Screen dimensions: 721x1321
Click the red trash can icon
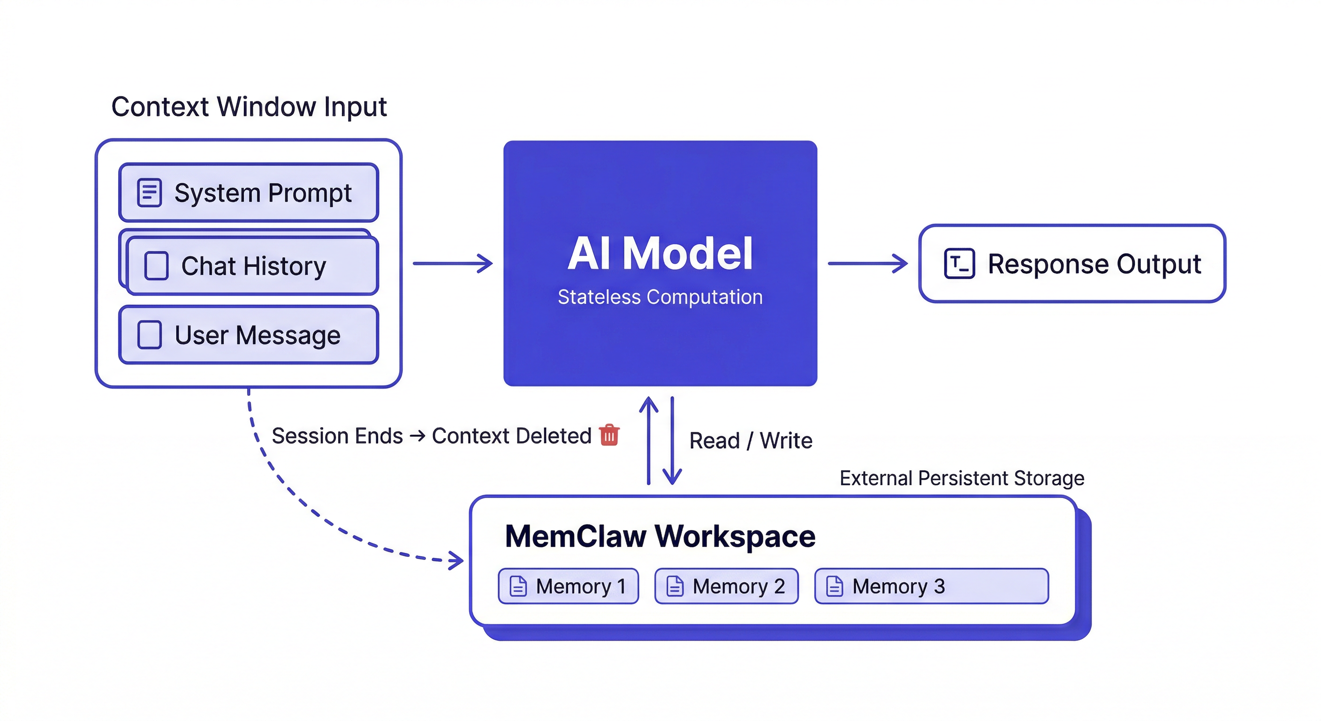609,435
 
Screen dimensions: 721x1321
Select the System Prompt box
249,192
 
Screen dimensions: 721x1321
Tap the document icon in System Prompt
149,192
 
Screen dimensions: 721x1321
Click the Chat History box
252,266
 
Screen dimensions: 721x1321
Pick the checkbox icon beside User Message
149,335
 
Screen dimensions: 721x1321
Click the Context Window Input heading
249,107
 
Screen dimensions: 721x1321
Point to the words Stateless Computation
660,297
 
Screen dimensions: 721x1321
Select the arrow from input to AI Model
453,263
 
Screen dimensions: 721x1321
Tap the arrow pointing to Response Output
868,263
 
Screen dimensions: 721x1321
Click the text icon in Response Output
959,264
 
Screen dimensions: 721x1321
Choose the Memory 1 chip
568,586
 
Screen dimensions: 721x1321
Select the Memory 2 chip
727,586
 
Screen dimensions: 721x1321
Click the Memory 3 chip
931,586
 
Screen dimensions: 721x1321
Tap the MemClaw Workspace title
660,536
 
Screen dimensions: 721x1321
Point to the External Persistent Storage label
962,478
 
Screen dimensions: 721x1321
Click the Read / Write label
750,441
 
